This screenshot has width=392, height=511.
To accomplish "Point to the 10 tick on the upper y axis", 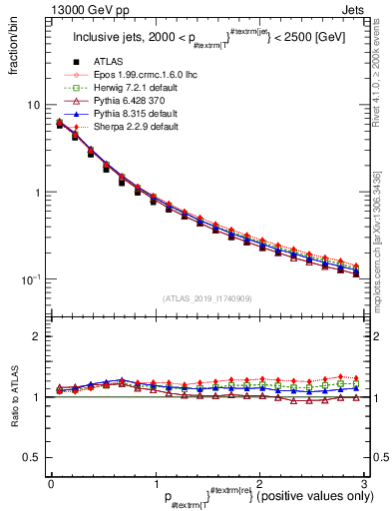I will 33,105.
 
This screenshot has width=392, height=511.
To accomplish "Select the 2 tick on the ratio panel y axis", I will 36,336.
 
